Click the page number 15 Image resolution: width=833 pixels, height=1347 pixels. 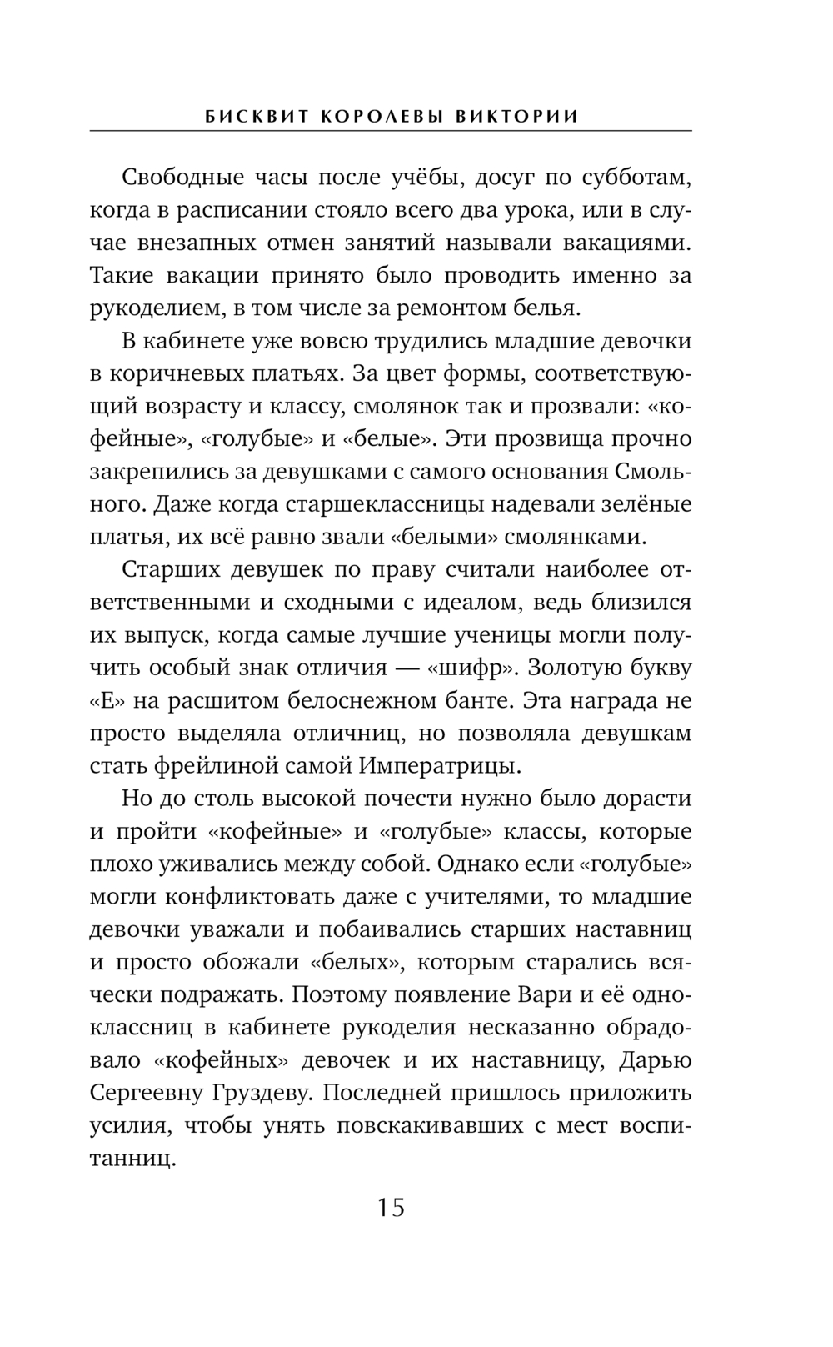coord(391,1207)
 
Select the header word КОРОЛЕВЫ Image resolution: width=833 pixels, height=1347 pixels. coord(382,116)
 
